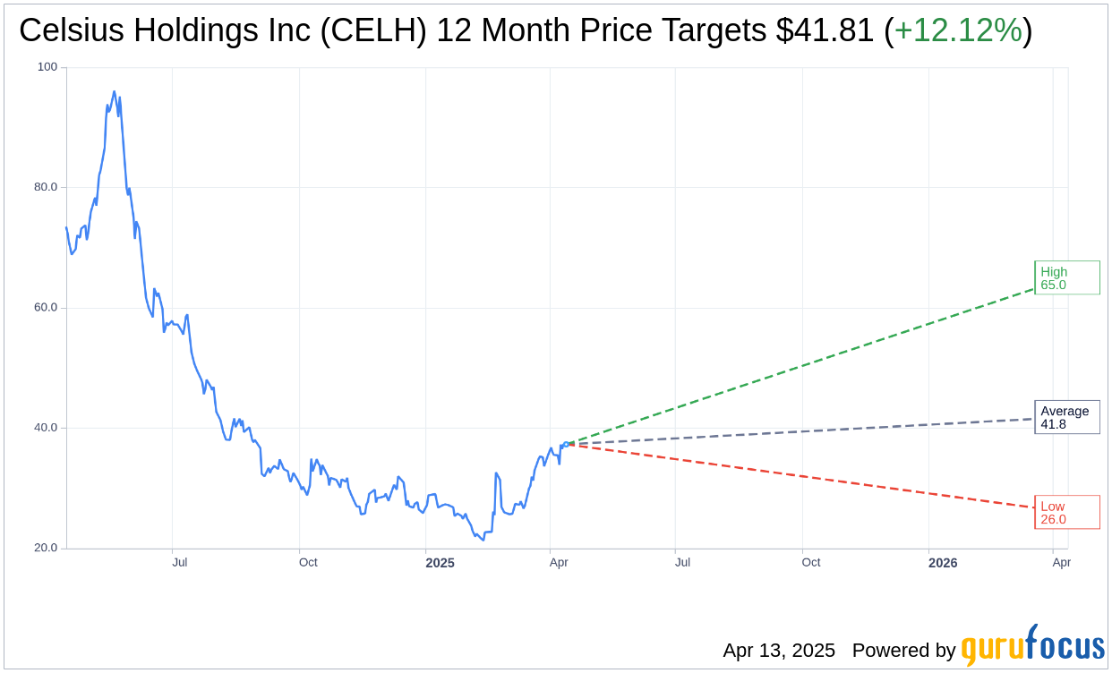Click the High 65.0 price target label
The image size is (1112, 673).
1066,277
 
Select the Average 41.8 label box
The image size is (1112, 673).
1066,417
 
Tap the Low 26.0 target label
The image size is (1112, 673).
1066,512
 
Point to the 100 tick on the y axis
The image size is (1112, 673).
47,67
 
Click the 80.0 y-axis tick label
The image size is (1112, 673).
45,187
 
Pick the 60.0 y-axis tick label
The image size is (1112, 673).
45,307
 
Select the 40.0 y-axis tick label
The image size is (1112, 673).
45,427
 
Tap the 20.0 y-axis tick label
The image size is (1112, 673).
45,548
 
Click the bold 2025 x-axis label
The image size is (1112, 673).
440,563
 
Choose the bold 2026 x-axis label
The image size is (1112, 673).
943,563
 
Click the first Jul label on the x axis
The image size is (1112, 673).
180,563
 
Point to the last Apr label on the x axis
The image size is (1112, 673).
1062,563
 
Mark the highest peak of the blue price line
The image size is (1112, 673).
114,91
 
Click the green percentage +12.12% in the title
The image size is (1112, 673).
958,30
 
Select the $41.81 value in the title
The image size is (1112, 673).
824,30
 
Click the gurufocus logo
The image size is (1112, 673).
1032,645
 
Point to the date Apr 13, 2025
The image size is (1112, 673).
779,651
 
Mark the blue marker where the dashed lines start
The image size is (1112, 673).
565,444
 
